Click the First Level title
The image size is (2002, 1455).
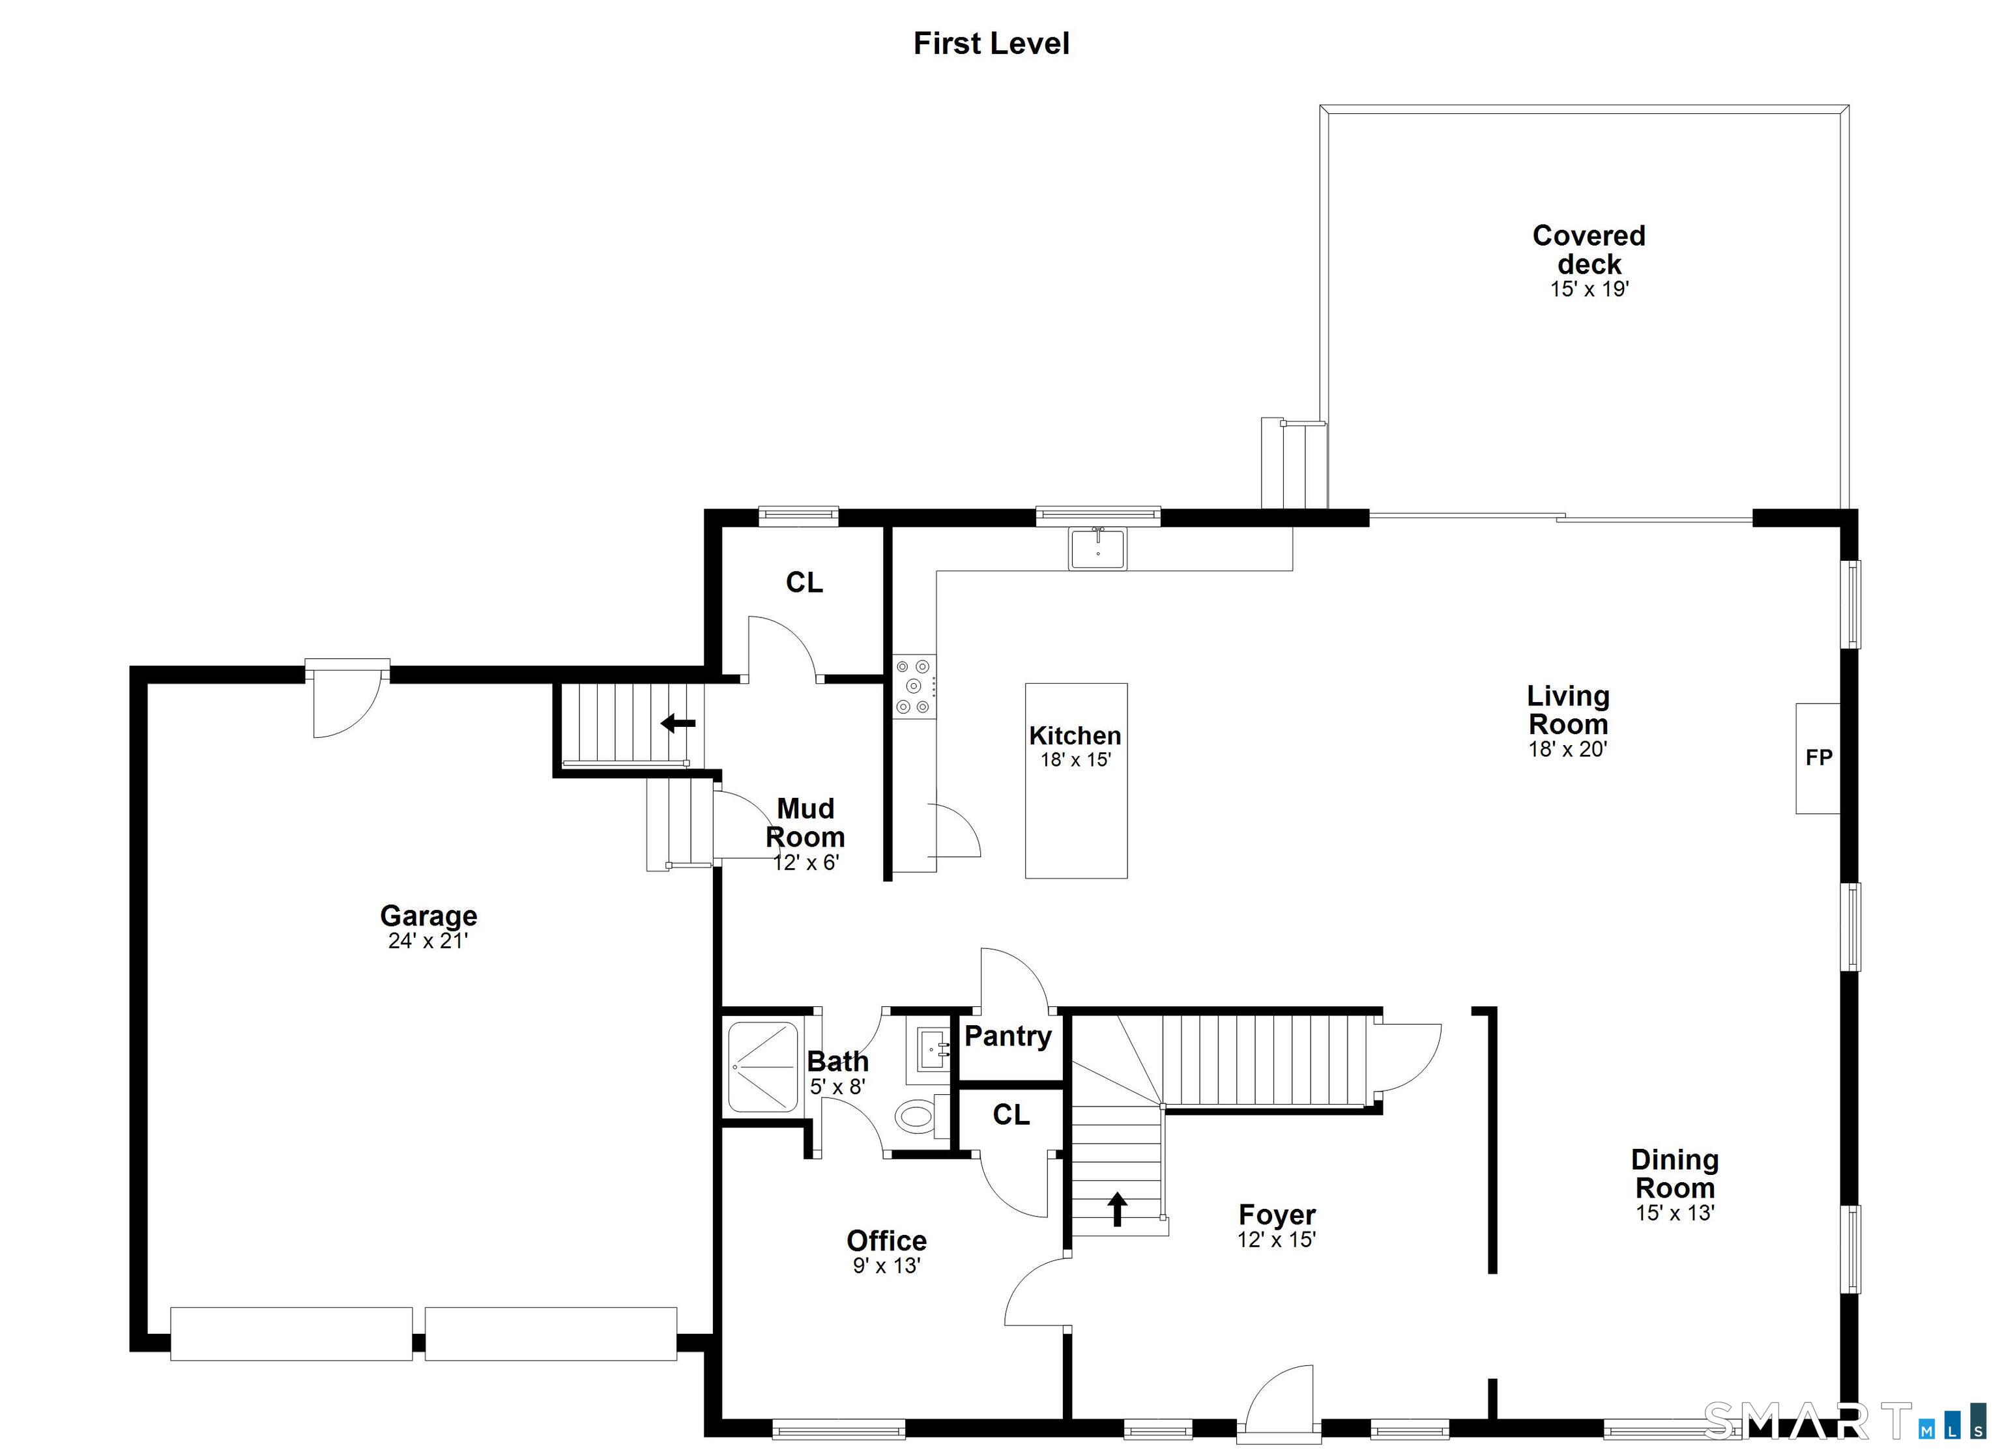point(991,43)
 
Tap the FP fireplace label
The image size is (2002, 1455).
point(1818,757)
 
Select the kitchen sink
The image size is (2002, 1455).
point(1097,549)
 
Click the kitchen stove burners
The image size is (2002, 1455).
point(913,686)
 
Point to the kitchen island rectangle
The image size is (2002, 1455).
point(1075,780)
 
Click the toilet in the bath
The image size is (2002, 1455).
point(916,1117)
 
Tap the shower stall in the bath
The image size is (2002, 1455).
point(762,1066)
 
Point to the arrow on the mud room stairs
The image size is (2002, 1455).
point(678,724)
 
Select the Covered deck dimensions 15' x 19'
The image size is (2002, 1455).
point(1589,289)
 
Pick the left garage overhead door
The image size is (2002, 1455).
point(291,1333)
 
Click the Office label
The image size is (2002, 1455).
point(886,1241)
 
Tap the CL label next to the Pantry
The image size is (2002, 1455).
point(1011,1115)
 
